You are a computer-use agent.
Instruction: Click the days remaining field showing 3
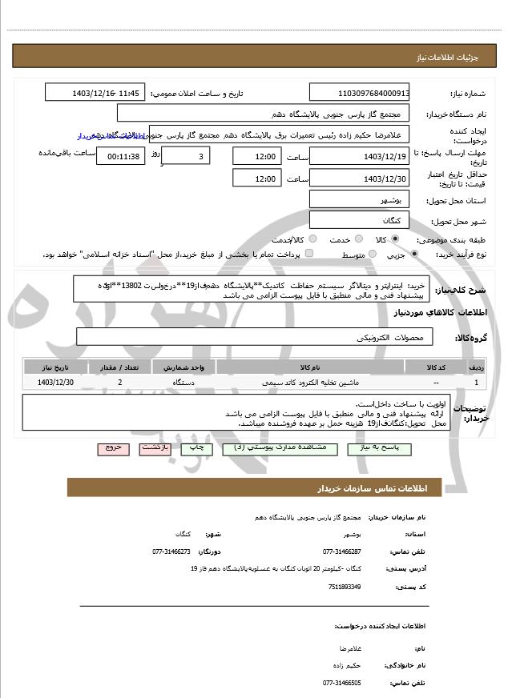point(188,156)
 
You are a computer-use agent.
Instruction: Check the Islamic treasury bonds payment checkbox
point(310,254)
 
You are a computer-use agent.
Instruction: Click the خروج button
point(112,449)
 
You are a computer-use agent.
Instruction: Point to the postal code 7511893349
point(345,587)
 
